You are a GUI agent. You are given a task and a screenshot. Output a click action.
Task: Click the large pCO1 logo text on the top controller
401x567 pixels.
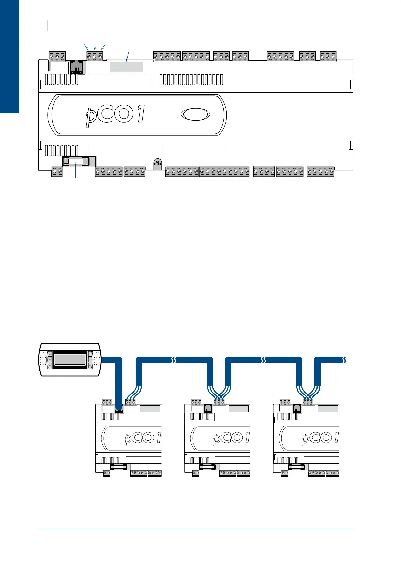tap(114, 115)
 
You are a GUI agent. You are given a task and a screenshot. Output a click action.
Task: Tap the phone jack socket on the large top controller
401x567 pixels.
tap(77, 67)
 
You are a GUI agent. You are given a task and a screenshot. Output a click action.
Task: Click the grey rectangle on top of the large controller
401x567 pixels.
tap(127, 67)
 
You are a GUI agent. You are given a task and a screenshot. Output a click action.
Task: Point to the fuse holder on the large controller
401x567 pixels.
tap(76, 162)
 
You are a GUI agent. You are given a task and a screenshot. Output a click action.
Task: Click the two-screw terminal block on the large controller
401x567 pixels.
tap(57, 172)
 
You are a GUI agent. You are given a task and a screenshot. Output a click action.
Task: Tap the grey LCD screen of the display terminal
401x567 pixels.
tap(70, 360)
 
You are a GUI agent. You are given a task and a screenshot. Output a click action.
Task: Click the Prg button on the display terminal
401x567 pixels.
tap(49, 360)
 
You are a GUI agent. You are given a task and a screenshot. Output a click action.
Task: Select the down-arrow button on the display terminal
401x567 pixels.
tap(90, 366)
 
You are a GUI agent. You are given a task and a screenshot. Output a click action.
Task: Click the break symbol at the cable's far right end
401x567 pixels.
tap(344, 360)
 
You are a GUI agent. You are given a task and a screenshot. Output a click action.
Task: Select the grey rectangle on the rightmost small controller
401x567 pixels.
tap(328, 409)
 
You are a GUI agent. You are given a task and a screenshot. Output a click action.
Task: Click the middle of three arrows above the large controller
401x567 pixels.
tap(95, 47)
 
